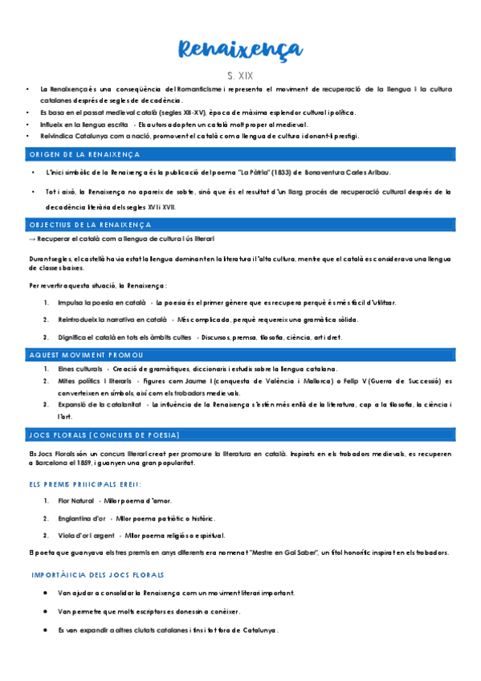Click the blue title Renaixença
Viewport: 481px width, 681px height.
coord(240,50)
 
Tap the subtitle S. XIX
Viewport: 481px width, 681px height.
coord(240,75)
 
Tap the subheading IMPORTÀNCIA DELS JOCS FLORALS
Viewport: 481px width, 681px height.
coord(98,575)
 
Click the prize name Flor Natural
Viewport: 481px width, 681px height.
coord(76,501)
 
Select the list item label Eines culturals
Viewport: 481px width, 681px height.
coord(80,368)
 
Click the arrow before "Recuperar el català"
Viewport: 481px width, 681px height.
coord(31,239)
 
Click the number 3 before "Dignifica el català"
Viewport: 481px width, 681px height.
coord(47,337)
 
